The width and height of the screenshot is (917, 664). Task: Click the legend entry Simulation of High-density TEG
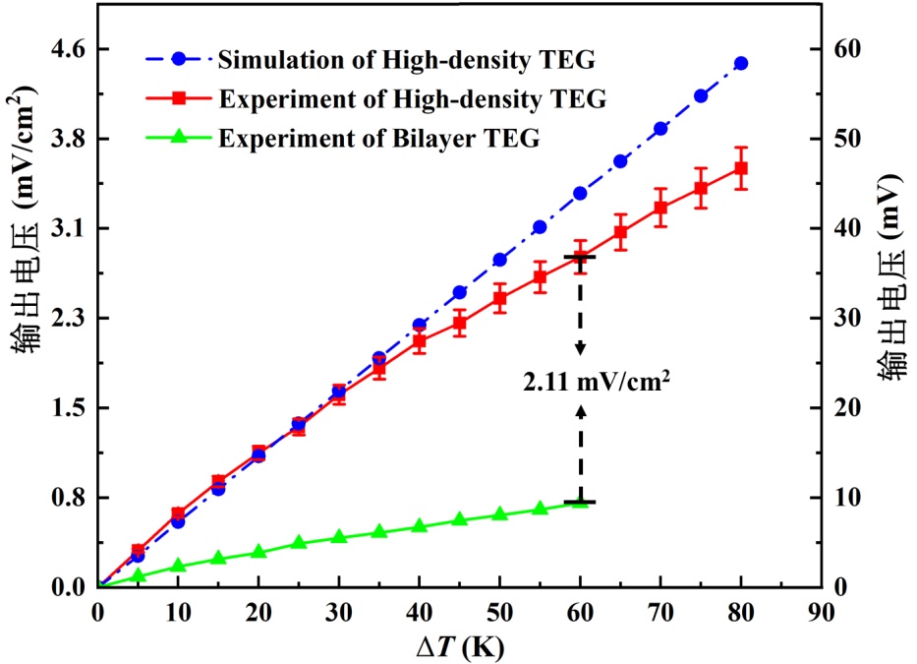[406, 60]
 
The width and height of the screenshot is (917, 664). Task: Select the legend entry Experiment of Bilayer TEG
[379, 138]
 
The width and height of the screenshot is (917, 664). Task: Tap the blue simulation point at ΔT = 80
[741, 63]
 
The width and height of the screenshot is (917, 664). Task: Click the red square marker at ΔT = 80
[741, 168]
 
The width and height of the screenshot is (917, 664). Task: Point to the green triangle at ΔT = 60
[580, 502]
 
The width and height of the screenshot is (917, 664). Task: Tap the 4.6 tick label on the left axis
[66, 49]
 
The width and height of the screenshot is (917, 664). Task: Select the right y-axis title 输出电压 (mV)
[893, 282]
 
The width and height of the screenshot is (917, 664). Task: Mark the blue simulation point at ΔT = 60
[580, 194]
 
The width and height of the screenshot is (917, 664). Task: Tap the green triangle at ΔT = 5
[139, 575]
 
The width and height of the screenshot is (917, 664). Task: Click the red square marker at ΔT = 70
[660, 208]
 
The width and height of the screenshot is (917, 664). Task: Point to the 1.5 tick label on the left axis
[66, 408]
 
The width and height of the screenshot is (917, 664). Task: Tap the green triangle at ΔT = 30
[339, 537]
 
